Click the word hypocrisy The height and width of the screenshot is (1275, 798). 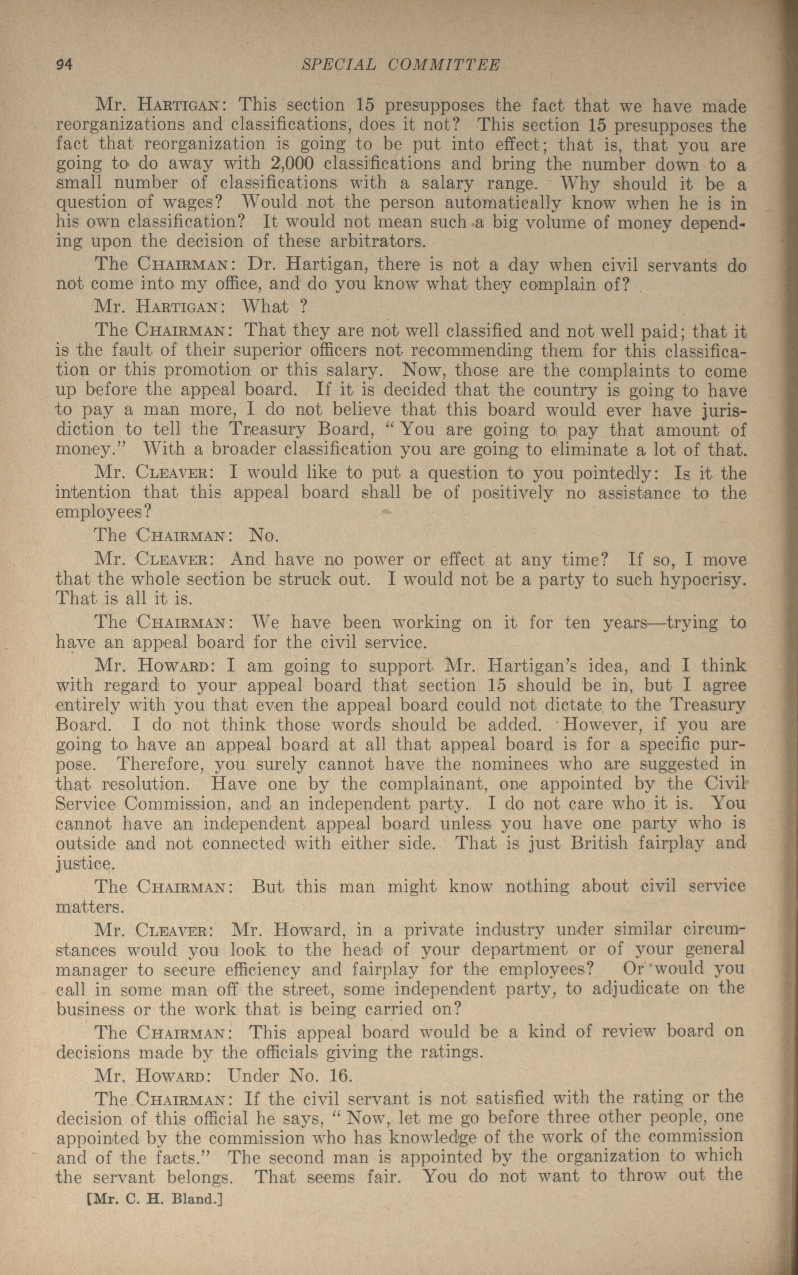[702, 580]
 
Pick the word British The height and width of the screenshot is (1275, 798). [599, 843]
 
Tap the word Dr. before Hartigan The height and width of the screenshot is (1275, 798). [259, 265]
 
